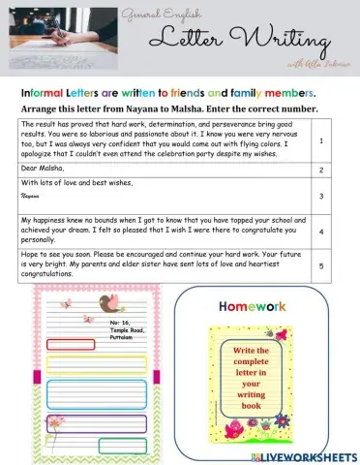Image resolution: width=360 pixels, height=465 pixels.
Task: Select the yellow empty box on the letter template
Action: coord(72,363)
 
